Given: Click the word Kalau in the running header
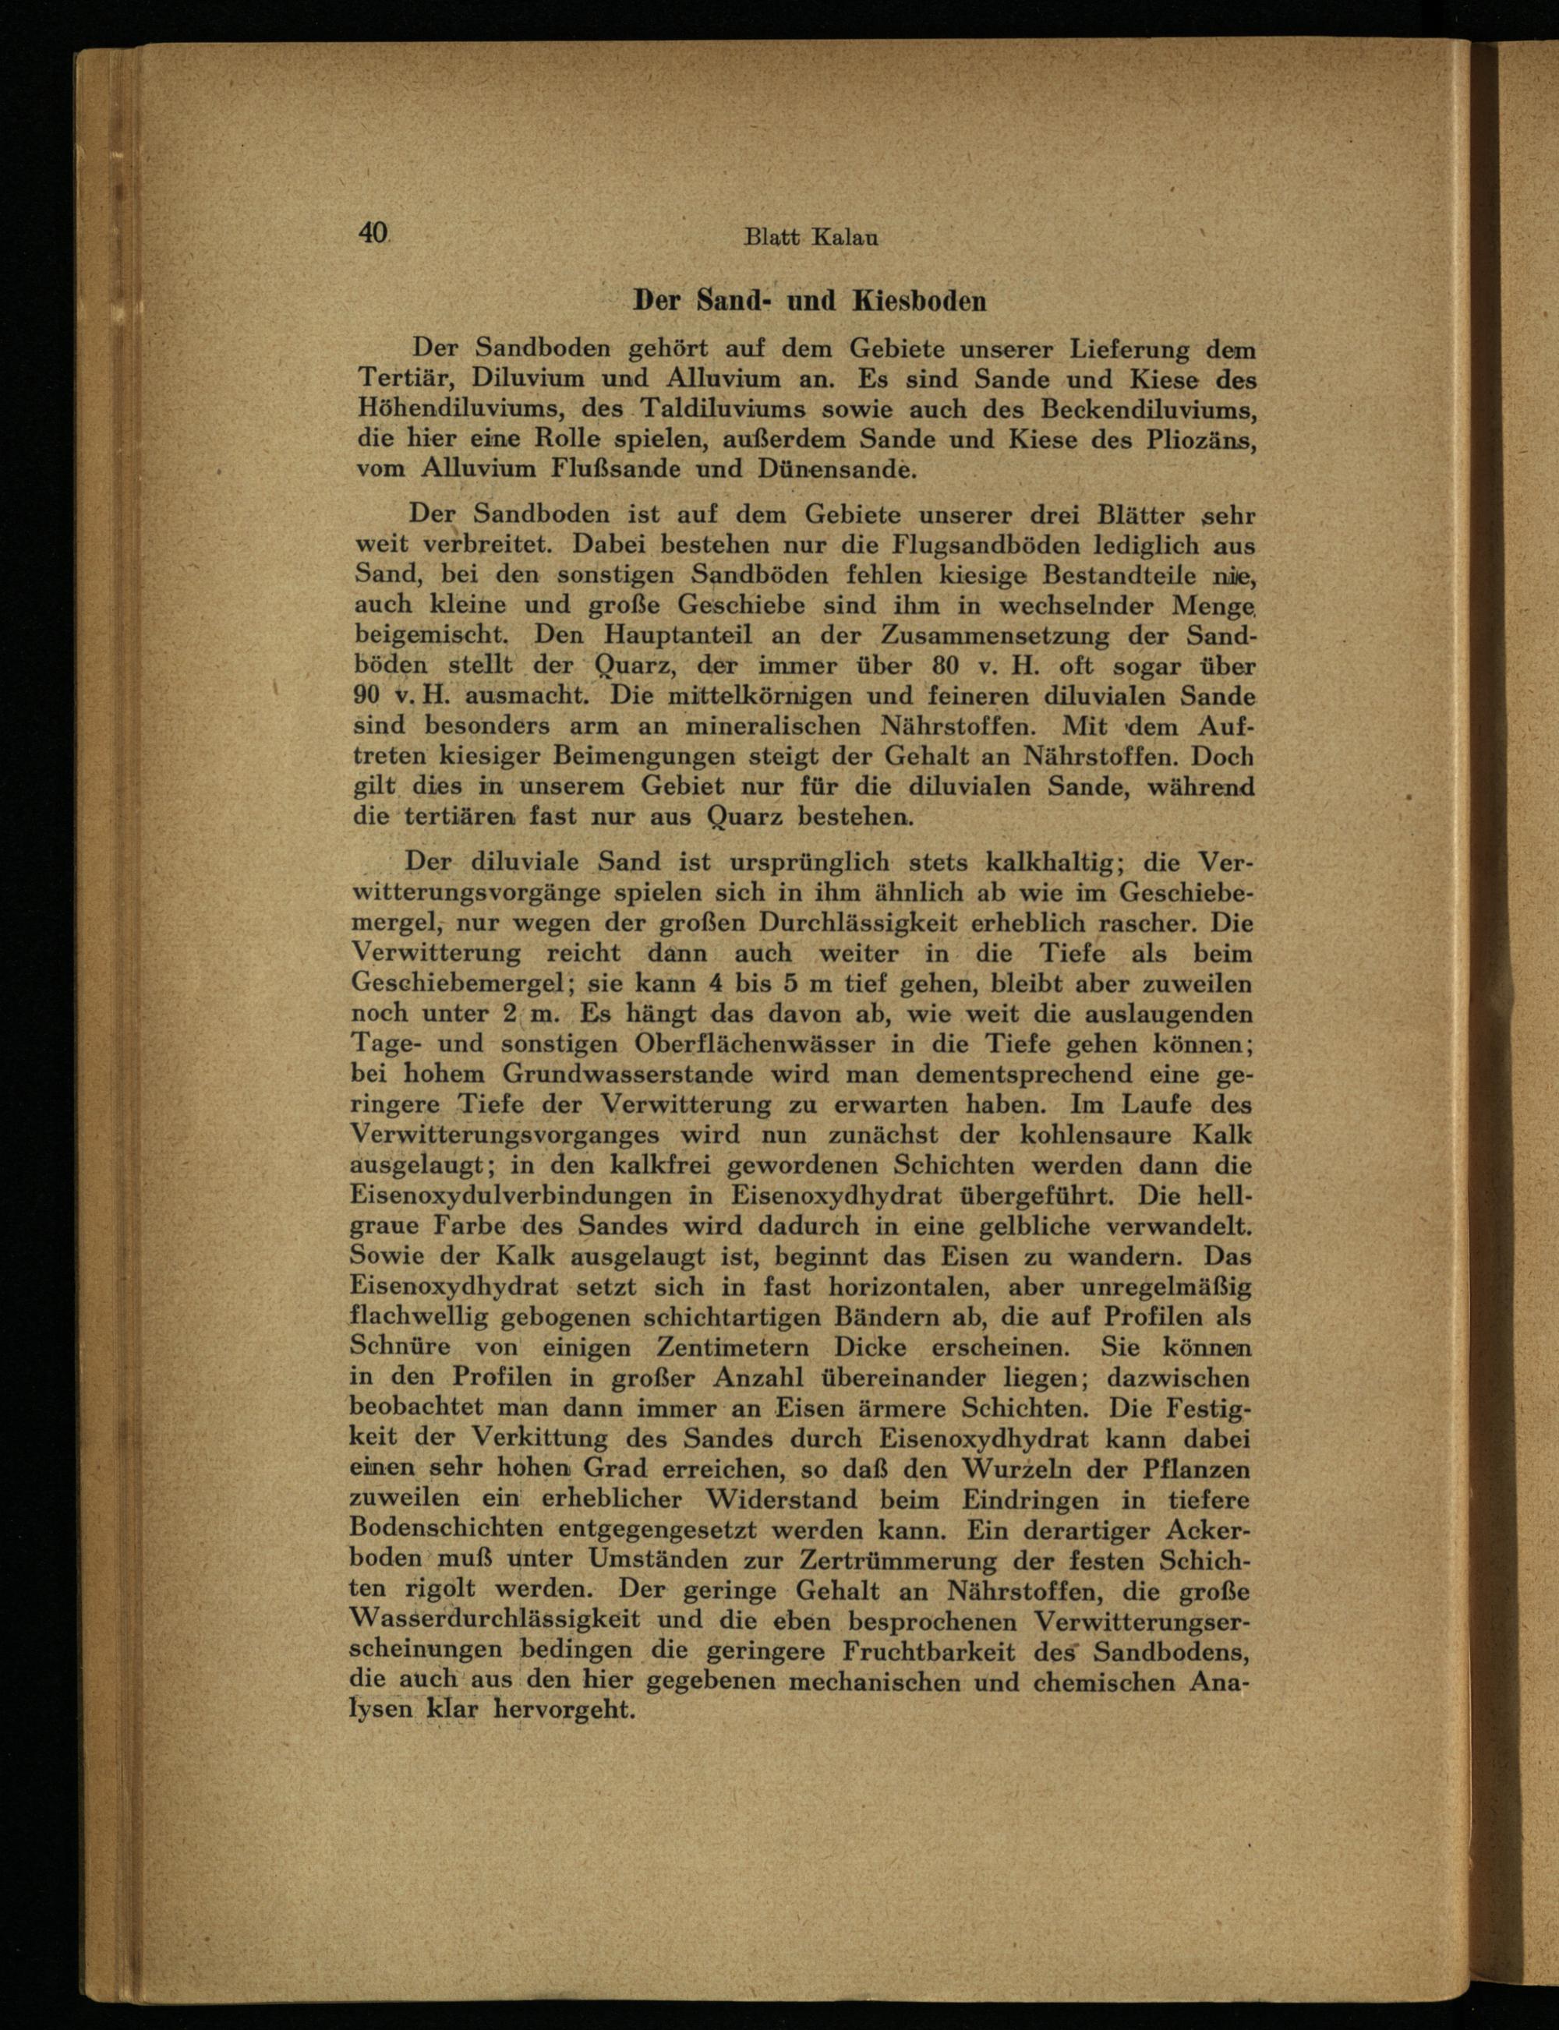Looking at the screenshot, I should tap(844, 238).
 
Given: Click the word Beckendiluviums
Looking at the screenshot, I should tap(1149, 409).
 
